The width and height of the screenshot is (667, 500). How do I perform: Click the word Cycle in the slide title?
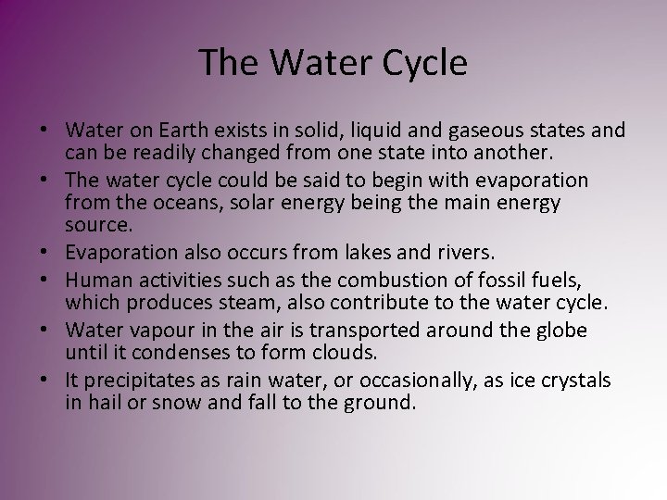pos(418,63)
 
